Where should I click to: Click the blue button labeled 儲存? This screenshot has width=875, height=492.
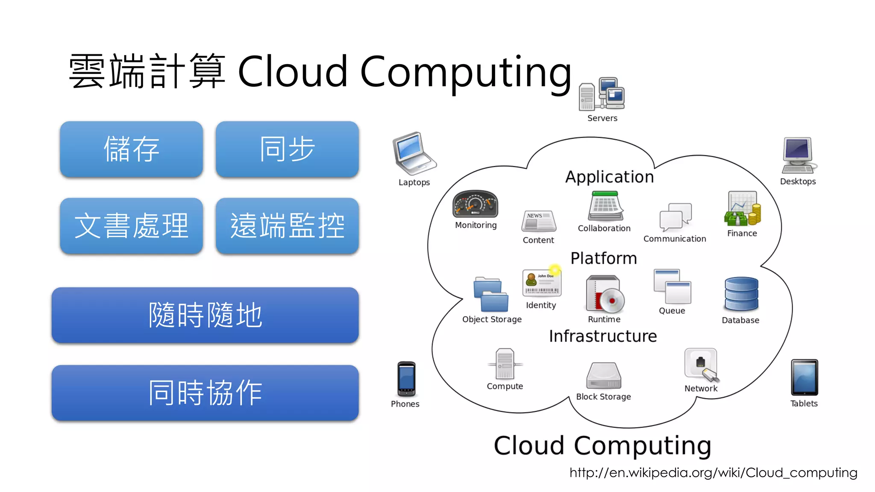point(131,149)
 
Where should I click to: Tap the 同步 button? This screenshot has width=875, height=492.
point(287,149)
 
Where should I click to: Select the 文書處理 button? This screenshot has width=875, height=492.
point(131,225)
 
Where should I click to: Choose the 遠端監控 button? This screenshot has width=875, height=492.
point(287,225)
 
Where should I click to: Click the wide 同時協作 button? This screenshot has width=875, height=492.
point(205,392)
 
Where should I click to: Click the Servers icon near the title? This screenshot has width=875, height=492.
point(602,94)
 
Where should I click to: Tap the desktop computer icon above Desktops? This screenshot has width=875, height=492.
point(798,155)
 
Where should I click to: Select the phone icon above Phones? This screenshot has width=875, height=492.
point(406,379)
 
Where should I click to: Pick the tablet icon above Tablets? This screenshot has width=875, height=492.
point(804,377)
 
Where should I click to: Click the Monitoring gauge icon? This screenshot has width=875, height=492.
point(475,204)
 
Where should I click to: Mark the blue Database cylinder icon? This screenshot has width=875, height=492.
point(741,294)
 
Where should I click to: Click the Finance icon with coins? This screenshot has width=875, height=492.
point(743,209)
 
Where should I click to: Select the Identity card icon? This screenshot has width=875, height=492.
point(541,283)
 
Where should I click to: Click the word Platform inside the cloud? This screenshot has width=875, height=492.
point(603,258)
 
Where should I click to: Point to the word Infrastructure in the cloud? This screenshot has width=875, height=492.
point(602,336)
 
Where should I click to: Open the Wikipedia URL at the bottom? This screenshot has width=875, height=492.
point(713,473)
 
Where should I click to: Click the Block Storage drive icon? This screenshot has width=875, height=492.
point(603,375)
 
